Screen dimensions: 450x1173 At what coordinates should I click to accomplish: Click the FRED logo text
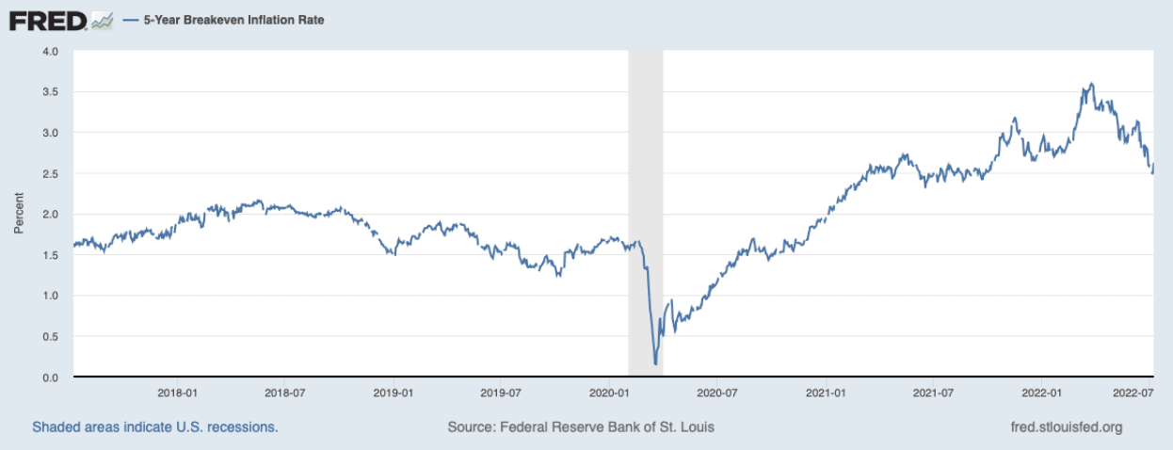(x=47, y=20)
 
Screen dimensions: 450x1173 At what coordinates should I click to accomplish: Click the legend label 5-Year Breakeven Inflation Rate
(x=233, y=20)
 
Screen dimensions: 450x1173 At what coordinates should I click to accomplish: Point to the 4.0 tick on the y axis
(x=52, y=51)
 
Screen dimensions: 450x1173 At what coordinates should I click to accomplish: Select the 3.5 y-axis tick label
(x=52, y=92)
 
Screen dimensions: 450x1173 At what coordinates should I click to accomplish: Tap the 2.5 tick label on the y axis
(x=52, y=174)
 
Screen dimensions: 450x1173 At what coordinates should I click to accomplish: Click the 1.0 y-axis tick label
(x=52, y=297)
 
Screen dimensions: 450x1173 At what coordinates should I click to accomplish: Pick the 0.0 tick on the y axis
(x=52, y=378)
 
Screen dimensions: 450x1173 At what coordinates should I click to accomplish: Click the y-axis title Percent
(x=19, y=215)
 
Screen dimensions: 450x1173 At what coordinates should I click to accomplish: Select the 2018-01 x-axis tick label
(x=177, y=392)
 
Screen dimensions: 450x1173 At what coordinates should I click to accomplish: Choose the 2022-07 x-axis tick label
(x=1133, y=392)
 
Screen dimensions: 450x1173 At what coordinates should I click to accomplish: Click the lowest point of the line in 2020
(x=655, y=363)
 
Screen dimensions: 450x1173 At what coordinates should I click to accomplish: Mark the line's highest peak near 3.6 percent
(x=1091, y=84)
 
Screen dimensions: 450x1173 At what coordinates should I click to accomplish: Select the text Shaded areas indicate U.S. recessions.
(x=155, y=427)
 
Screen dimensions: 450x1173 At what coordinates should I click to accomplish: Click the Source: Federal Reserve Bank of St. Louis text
(x=581, y=427)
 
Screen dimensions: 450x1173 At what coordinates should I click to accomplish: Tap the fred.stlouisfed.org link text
(x=1065, y=427)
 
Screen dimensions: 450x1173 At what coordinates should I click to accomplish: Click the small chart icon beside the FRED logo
(x=104, y=20)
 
